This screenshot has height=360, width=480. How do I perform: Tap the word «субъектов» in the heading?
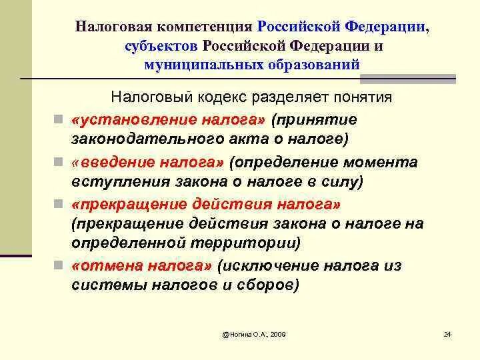point(161,47)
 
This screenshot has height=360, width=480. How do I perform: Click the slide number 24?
point(447,333)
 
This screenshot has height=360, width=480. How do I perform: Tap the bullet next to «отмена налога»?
point(60,267)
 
